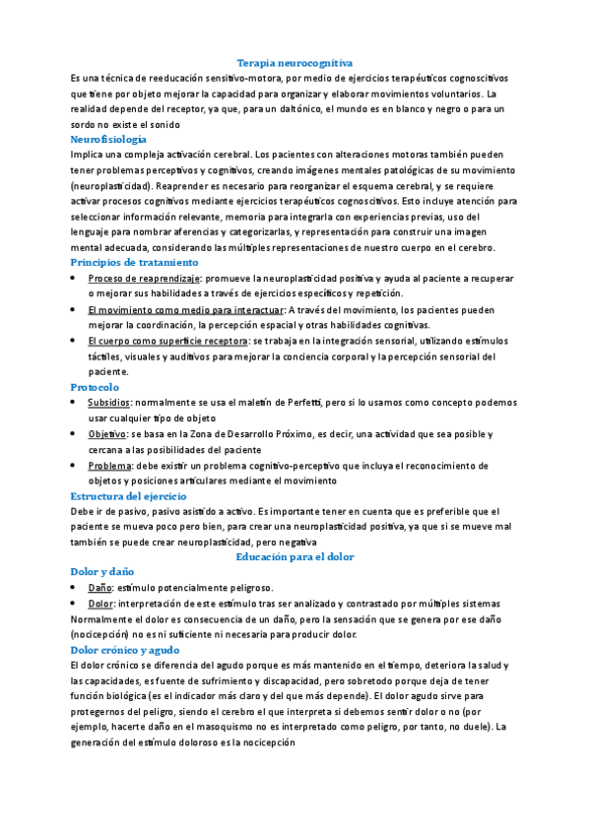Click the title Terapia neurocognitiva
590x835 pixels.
(x=295, y=62)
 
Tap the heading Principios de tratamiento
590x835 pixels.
(x=135, y=263)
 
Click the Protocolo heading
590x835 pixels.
(x=95, y=387)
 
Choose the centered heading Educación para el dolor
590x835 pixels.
(x=295, y=556)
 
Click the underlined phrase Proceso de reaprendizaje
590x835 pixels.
(x=144, y=279)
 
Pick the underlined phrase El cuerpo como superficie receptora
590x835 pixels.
(x=166, y=341)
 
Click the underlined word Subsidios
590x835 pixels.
(x=108, y=403)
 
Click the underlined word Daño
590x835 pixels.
(x=99, y=587)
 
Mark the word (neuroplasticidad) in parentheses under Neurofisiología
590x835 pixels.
(x=111, y=185)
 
